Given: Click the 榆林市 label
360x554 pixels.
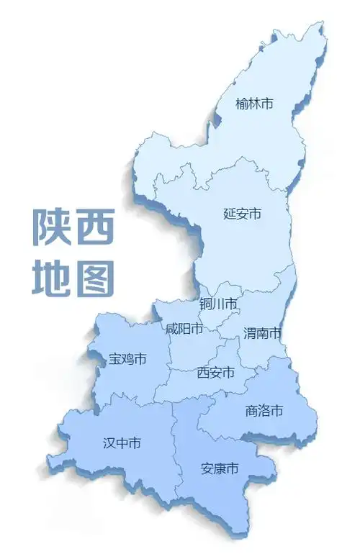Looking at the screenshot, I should (x=254, y=104).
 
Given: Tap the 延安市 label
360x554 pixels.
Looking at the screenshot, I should (x=242, y=214).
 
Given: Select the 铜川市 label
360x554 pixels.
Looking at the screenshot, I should (x=218, y=305).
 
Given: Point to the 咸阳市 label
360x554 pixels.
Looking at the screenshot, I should (x=184, y=330).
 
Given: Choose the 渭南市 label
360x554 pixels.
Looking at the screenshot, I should (x=262, y=333).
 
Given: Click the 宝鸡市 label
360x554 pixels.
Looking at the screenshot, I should (x=128, y=358).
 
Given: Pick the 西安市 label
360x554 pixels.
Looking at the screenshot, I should (x=216, y=373).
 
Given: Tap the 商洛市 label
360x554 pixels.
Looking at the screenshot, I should (x=264, y=411).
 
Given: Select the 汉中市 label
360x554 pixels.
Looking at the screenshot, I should (x=122, y=443).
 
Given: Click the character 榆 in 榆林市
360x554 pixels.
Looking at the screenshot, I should (x=242, y=104).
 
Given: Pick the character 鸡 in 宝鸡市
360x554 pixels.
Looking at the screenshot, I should (x=128, y=358).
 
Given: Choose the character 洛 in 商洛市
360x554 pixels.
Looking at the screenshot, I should (x=264, y=411).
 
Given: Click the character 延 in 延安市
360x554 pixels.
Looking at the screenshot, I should (x=230, y=214).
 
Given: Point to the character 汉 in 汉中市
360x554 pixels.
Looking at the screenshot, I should (x=109, y=443).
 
